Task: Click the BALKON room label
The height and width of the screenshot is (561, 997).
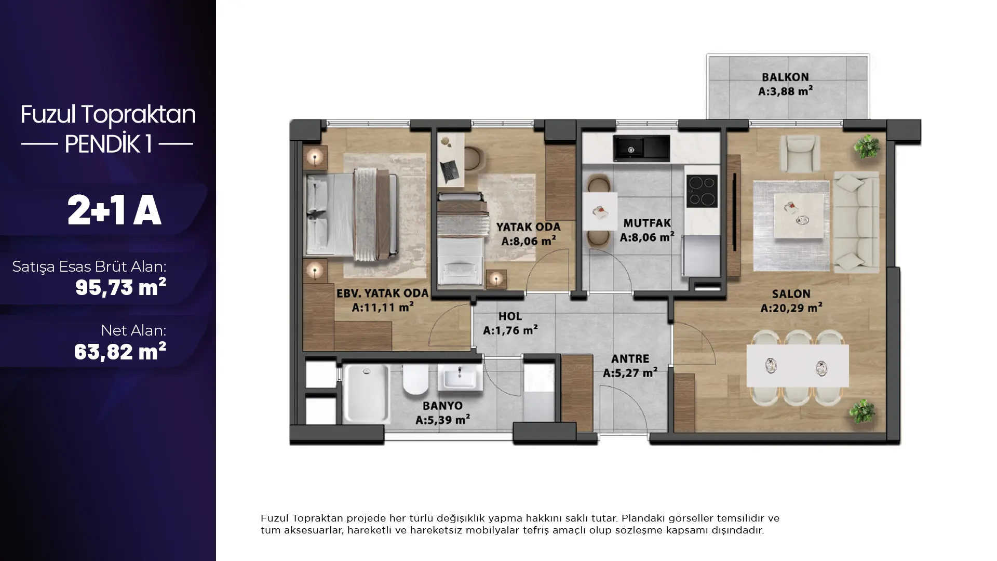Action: (785, 77)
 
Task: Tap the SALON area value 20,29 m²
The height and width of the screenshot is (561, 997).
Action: (791, 308)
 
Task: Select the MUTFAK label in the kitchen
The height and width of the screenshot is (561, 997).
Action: (647, 223)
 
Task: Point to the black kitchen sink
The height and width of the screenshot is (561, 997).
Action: (641, 148)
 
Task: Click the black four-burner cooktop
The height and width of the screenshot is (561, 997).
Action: (702, 191)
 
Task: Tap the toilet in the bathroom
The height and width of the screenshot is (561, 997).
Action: (415, 379)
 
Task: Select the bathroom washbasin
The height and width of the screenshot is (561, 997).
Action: (460, 377)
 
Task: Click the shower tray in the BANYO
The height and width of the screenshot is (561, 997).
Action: (366, 393)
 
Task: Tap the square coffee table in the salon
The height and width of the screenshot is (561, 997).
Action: (799, 216)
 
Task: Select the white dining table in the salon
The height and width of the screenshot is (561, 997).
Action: (798, 365)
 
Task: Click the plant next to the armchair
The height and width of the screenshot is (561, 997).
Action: (867, 146)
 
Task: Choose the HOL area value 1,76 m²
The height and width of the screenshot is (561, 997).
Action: (510, 330)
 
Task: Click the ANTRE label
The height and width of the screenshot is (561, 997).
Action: (630, 359)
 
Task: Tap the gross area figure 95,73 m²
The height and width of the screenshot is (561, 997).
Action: (120, 287)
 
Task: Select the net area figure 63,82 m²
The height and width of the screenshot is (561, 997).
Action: (120, 352)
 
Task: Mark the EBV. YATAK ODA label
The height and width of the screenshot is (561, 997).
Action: (382, 293)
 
